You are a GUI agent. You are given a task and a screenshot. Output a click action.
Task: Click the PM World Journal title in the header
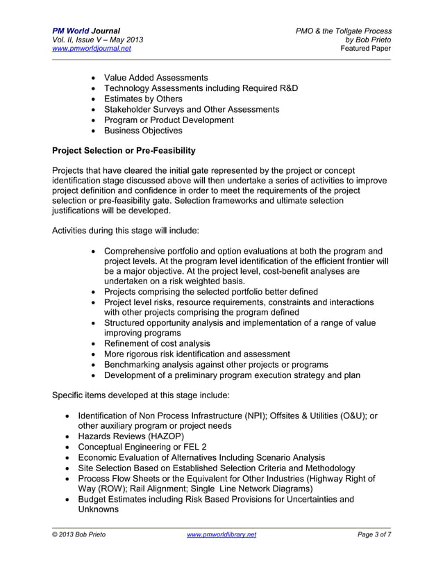86,31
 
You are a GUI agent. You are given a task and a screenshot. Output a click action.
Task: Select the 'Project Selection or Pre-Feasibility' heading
124,150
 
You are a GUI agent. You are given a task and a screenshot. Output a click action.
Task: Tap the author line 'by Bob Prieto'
373,40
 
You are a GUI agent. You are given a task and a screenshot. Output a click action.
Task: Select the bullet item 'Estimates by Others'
143,99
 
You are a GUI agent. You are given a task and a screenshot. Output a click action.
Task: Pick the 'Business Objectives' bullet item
143,130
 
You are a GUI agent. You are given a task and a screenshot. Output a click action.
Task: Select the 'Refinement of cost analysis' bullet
157,343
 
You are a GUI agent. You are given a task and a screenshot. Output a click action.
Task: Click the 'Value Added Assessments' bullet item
156,78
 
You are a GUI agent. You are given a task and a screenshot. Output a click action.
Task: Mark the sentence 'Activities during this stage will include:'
126,229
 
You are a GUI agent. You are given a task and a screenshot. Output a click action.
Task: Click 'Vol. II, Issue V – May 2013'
98,40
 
